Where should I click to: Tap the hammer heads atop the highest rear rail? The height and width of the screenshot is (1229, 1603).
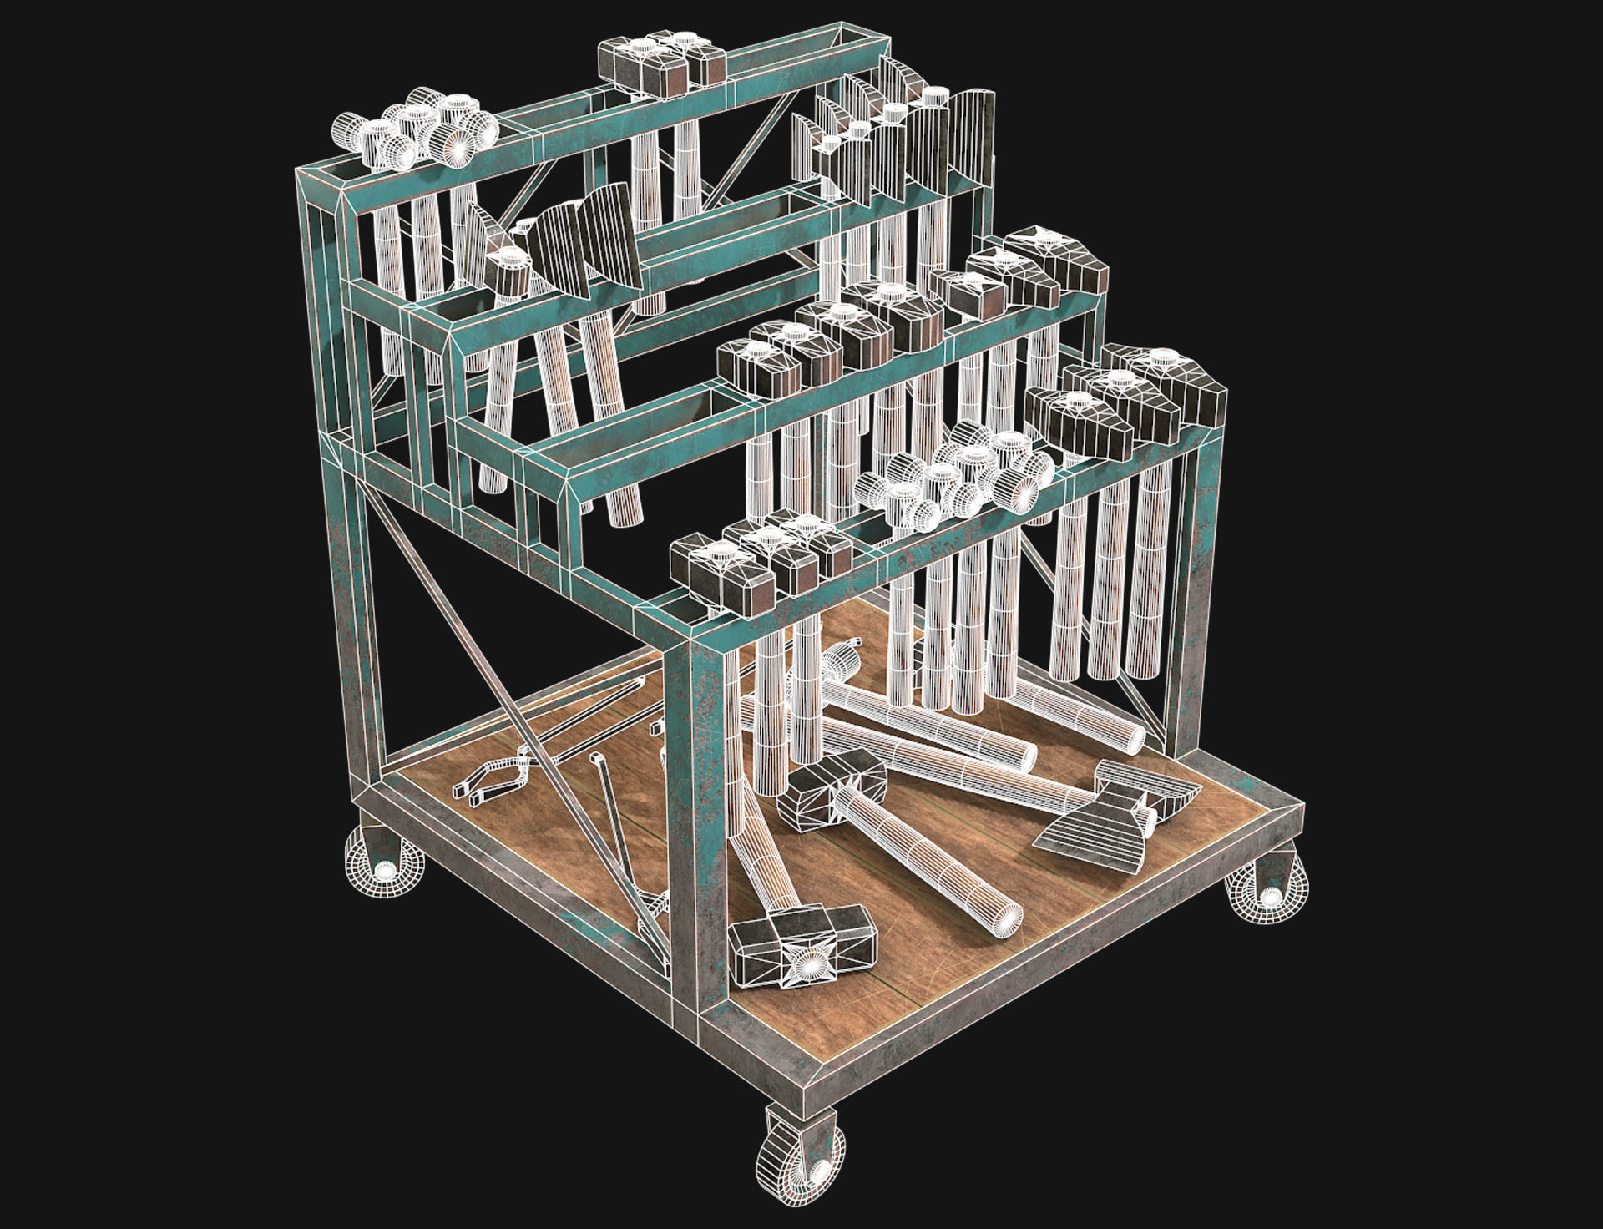click(x=660, y=63)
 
